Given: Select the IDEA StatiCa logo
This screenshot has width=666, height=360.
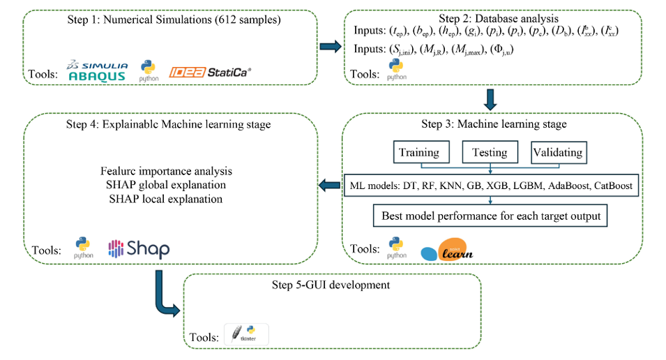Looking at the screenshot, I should point(209,71).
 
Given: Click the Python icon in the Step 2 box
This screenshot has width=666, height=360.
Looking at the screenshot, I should point(396,70).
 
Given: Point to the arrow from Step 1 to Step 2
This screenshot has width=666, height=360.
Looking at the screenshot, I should point(329,47).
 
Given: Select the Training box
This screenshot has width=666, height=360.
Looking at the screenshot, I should point(418,152).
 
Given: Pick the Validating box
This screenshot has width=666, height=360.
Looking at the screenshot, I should point(557,152).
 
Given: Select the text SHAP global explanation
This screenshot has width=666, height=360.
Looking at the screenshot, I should point(165,185).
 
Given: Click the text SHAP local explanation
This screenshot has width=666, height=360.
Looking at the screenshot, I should point(165,199).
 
